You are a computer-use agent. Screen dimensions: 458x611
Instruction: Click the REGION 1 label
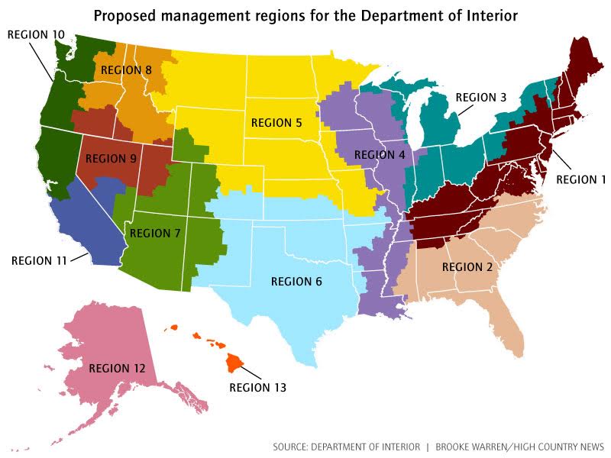pos(580,179)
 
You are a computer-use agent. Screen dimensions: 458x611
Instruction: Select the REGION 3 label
pos(481,97)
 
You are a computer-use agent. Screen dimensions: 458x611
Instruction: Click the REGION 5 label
pos(276,123)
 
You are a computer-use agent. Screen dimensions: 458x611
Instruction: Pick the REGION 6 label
pos(296,282)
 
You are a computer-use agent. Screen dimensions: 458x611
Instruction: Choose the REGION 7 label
pos(154,233)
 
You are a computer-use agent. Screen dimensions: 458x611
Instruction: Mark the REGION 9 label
pos(112,160)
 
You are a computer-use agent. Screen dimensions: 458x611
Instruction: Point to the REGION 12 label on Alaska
pos(117,368)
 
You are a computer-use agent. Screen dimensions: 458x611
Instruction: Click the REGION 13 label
pos(258,388)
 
